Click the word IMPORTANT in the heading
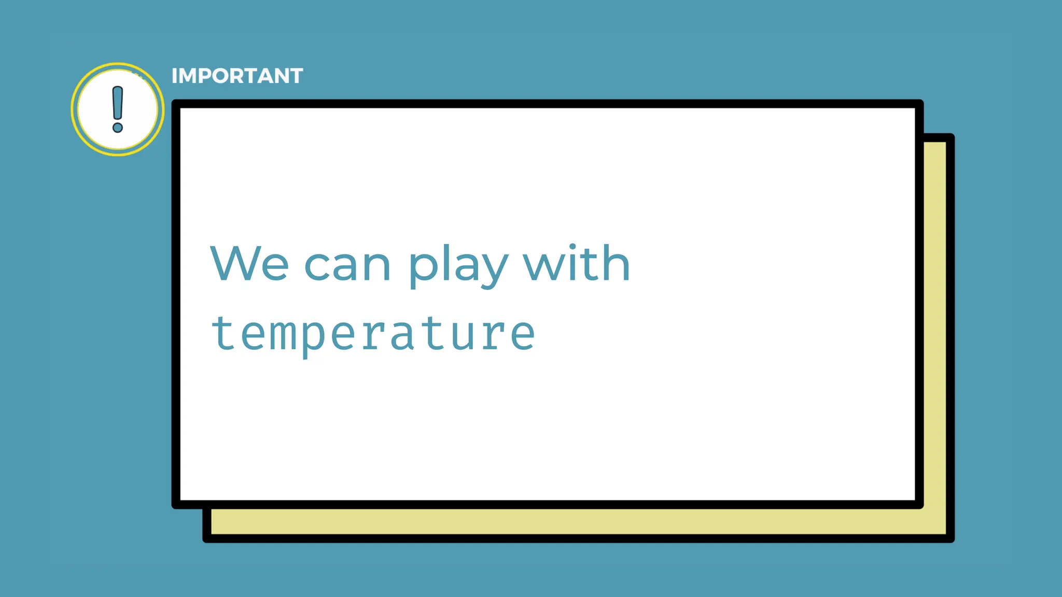237,76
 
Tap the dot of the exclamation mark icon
118,127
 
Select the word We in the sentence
249,264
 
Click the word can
347,266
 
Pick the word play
457,266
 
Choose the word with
576,264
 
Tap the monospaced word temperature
373,334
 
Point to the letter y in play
490,269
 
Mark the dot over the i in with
572,247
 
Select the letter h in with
615,263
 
